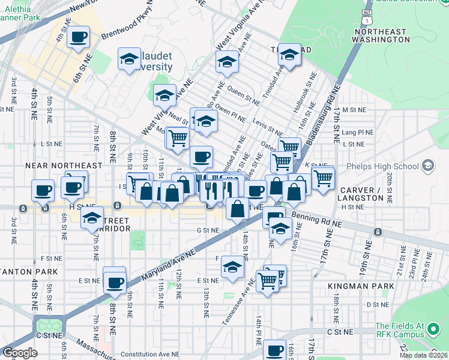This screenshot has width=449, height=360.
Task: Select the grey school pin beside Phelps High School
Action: click(x=427, y=165)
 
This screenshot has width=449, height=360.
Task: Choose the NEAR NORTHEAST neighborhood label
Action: click(x=64, y=165)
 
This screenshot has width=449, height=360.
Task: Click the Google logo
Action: click(x=20, y=353)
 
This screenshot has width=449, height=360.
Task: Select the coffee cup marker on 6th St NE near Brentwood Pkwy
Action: click(x=78, y=37)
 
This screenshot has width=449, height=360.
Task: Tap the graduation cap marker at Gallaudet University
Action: click(x=129, y=58)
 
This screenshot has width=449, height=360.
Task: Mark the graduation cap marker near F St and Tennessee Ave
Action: click(x=232, y=267)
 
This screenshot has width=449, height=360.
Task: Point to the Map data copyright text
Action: click(x=423, y=355)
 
